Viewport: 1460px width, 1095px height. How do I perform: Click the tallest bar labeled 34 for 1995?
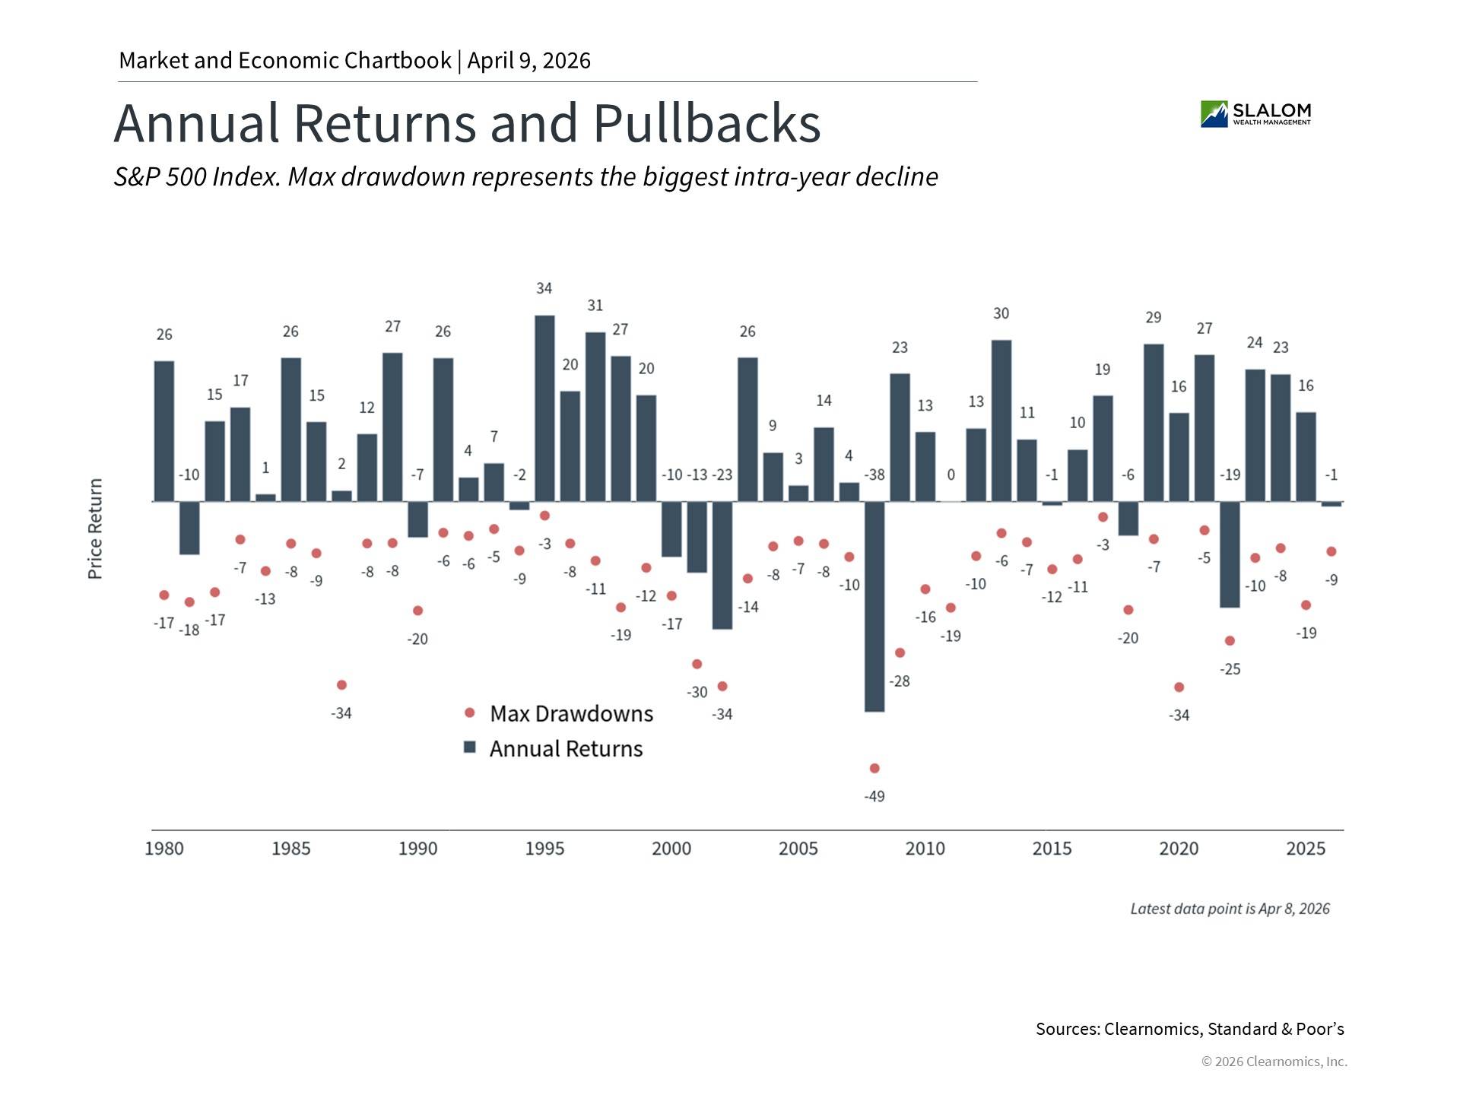tap(544, 408)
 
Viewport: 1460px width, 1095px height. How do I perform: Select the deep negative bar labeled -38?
tap(874, 606)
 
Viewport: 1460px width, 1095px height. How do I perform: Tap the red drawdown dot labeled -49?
tap(874, 768)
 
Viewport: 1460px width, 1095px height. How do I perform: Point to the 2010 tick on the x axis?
tap(925, 849)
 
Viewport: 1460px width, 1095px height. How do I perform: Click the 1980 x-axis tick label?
tap(164, 849)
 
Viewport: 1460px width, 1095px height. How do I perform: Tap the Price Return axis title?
tap(95, 529)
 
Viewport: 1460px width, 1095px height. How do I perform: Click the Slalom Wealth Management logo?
tap(1255, 114)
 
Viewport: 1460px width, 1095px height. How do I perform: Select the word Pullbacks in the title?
tap(706, 123)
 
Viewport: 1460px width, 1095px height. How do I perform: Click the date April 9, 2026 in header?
tap(528, 61)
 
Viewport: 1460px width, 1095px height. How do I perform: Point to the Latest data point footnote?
tap(1230, 909)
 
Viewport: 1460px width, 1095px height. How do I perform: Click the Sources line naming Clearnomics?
tap(1189, 1029)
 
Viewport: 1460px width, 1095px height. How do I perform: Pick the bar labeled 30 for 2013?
tap(1001, 421)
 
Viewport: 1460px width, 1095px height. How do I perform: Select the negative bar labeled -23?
tap(722, 565)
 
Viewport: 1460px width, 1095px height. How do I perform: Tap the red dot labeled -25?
tap(1230, 640)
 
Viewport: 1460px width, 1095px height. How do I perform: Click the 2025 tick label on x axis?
tap(1306, 849)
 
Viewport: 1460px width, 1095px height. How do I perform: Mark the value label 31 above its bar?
tap(595, 306)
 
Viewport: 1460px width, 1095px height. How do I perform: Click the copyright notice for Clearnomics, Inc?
tap(1274, 1062)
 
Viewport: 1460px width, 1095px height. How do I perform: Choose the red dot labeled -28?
tap(900, 652)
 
